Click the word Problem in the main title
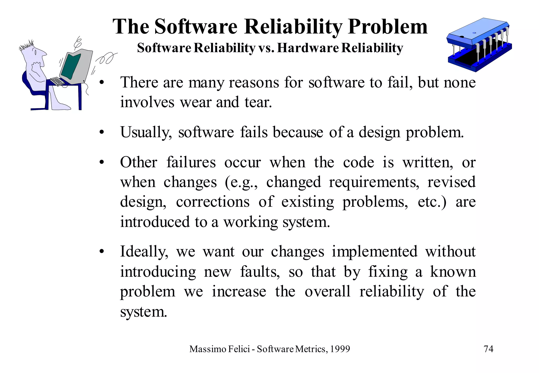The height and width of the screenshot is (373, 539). tap(388, 27)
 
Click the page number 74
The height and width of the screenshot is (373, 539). tap(488, 349)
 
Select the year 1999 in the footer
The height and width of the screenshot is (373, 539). tap(340, 349)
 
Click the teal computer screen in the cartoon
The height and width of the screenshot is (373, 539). tap(70, 66)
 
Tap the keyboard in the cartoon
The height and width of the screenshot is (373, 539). tap(57, 81)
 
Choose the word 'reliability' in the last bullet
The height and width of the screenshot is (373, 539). tap(392, 292)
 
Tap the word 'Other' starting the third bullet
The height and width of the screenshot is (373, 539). tap(139, 162)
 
